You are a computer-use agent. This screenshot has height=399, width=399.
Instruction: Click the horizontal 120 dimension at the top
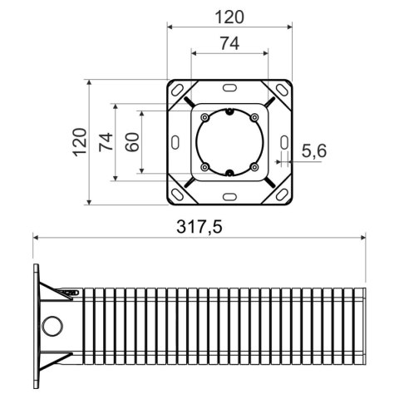pos(229,16)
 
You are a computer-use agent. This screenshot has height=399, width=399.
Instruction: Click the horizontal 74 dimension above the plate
pos(229,42)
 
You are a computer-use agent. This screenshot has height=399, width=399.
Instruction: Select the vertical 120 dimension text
pos(80,142)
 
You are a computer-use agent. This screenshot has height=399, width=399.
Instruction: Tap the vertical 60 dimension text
pos(132,141)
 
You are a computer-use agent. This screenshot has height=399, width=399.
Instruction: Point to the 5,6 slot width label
pos(315,150)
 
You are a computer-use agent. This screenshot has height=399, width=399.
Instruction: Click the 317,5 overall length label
pos(199,226)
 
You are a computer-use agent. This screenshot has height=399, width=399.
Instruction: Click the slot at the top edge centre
pos(229,86)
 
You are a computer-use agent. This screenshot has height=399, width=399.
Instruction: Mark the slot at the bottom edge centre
pos(229,197)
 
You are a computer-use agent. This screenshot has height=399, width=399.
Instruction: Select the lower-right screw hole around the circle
pos(254,167)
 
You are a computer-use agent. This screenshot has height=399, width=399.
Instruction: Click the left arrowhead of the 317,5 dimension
pos(36,237)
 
